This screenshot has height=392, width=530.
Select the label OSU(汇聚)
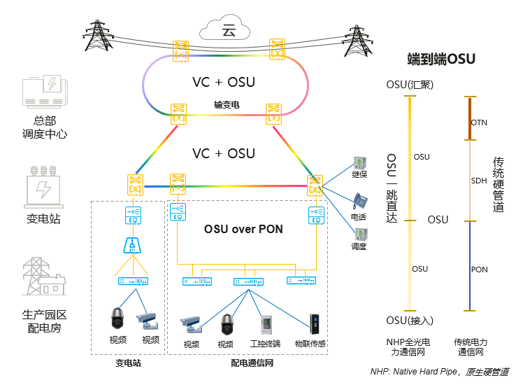410,85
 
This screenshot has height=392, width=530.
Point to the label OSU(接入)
410,320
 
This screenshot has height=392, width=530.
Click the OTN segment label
479,122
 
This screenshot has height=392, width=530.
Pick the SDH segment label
479,181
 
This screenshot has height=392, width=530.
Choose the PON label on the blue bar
479,269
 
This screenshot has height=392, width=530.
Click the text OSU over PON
243,229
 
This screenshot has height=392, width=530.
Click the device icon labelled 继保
359,163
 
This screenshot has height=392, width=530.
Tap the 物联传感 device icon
314,325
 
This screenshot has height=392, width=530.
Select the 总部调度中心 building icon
45,92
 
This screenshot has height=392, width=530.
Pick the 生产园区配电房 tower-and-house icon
44,278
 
